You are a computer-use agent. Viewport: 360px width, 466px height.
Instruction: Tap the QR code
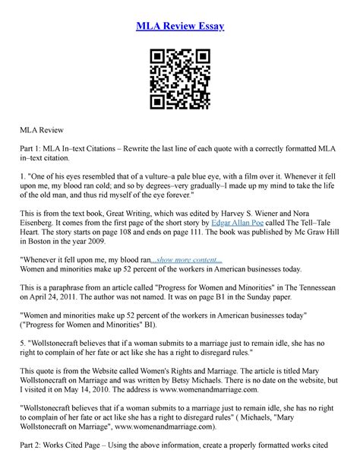pos(179,78)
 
